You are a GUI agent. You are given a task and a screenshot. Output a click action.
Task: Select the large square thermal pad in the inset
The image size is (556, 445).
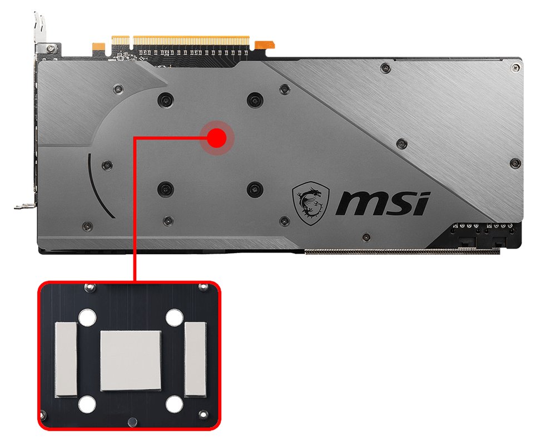click(x=131, y=360)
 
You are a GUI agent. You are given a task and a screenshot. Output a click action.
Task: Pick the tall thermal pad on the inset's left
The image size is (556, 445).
click(x=66, y=359)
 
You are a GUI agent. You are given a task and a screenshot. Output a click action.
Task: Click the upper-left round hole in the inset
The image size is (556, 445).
click(x=86, y=318)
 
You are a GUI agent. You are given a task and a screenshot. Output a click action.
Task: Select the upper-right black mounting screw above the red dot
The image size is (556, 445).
click(x=255, y=100)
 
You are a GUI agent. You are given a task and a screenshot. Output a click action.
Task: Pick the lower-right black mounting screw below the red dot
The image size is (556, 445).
click(x=254, y=189)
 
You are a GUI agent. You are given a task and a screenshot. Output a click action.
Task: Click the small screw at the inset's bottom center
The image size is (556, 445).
click(x=131, y=421)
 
